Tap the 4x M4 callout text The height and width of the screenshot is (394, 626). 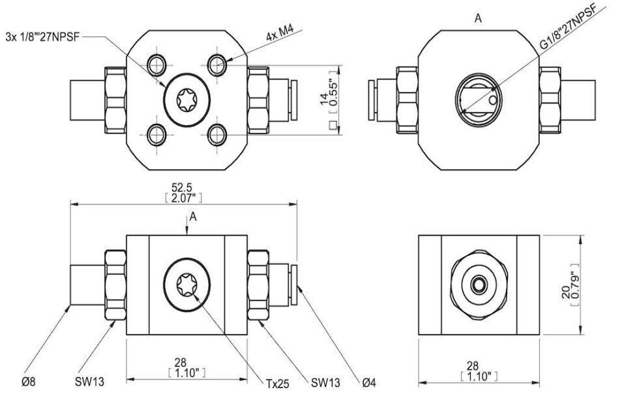(280, 33)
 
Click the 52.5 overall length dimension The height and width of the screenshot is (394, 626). (182, 187)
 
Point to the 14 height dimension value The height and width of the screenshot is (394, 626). (324, 98)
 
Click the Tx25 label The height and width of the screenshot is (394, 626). (278, 384)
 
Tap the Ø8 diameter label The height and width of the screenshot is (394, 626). (28, 382)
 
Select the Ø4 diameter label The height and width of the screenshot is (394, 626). (369, 383)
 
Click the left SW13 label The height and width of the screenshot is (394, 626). (89, 382)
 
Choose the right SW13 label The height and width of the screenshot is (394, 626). (326, 383)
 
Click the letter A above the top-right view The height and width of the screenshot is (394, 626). (478, 18)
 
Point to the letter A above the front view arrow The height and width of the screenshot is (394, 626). (193, 217)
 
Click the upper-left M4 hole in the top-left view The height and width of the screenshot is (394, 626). (156, 64)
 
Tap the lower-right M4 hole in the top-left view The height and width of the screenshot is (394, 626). (217, 135)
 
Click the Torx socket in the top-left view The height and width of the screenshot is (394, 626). (187, 100)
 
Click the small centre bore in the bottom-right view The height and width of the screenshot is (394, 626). (479, 285)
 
